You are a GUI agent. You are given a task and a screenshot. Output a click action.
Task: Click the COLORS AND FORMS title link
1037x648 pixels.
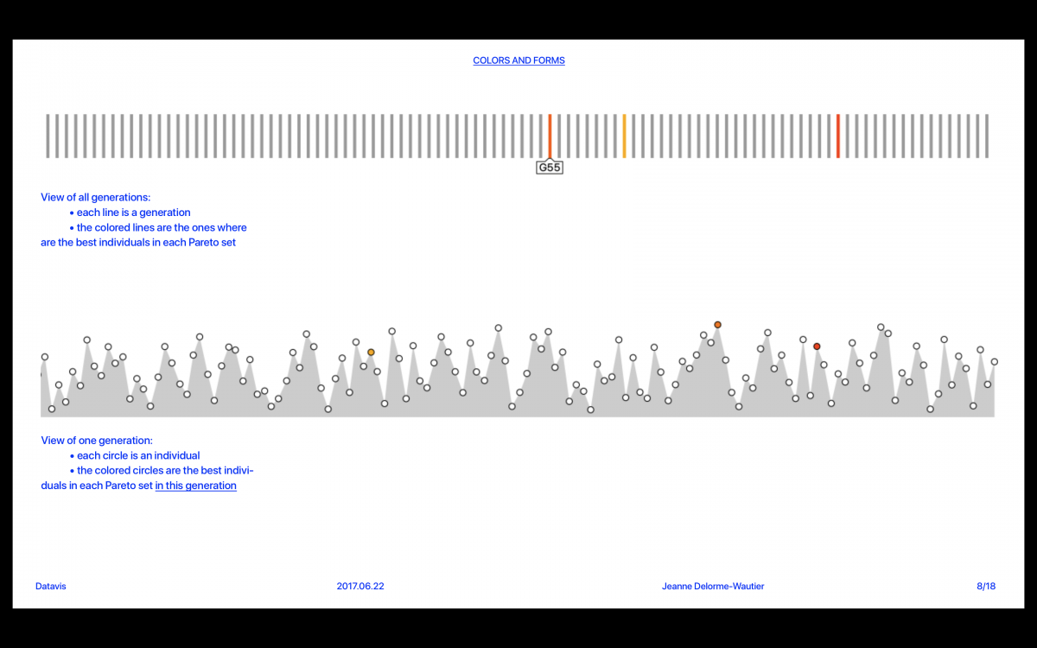click(518, 60)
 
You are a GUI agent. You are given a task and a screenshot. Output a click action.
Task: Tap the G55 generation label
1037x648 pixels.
click(550, 168)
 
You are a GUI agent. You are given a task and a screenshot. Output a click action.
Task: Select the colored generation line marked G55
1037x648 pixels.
click(550, 136)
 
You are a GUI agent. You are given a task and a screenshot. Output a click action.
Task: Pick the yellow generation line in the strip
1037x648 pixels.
click(624, 136)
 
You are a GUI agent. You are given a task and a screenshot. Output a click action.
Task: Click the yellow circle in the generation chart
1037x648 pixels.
click(371, 353)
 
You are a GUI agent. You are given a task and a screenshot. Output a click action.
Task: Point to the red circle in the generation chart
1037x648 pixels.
click(817, 346)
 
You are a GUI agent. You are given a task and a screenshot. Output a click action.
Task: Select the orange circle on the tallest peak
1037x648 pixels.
click(717, 325)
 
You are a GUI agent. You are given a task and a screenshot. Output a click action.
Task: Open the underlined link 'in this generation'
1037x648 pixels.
click(195, 486)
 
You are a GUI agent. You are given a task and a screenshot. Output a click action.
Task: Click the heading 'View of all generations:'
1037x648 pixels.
click(95, 197)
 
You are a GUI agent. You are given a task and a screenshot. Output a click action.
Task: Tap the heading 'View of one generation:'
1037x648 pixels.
click(97, 441)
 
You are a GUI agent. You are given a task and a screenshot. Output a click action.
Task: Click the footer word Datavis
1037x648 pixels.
click(51, 586)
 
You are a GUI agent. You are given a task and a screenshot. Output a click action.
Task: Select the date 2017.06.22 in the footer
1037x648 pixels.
click(360, 586)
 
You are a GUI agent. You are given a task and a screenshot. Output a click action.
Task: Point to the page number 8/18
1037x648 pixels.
click(986, 586)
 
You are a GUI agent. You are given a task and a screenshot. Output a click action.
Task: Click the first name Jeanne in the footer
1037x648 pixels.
click(678, 586)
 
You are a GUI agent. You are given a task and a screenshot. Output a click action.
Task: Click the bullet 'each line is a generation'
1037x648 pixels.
click(133, 213)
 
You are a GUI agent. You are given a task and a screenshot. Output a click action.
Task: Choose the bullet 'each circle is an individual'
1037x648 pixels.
click(138, 455)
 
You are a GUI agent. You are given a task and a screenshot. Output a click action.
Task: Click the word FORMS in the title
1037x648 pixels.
click(549, 60)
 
